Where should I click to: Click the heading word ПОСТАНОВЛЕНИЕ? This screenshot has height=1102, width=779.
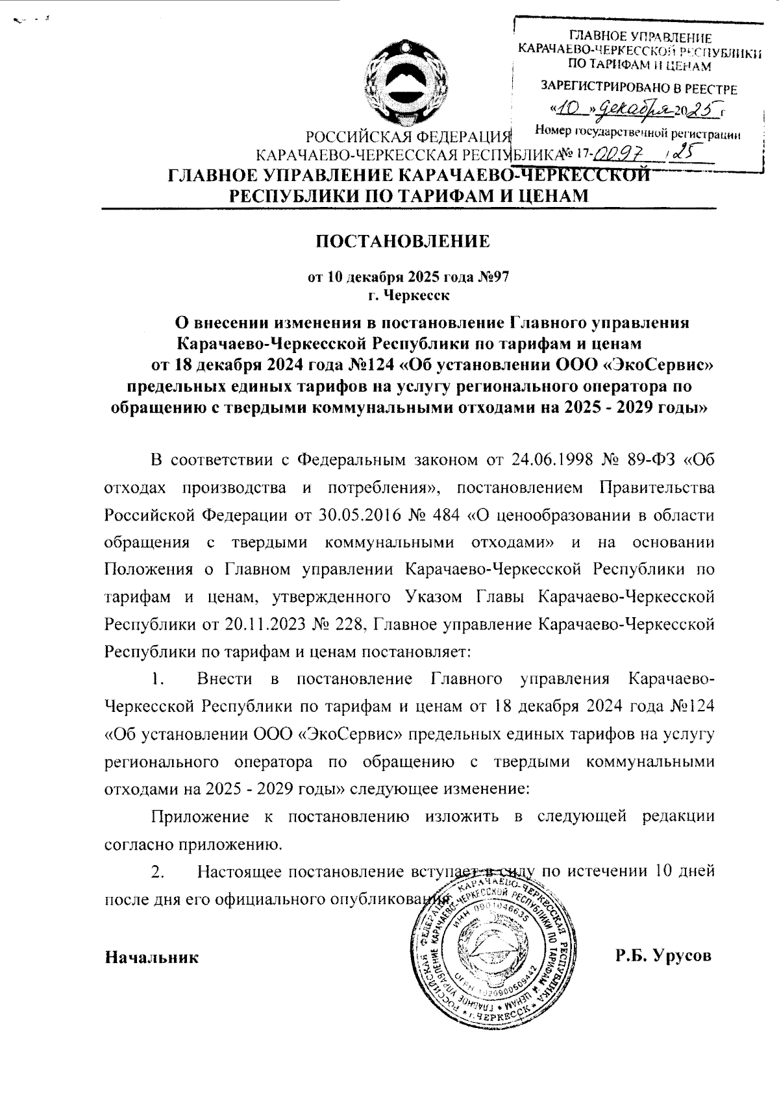point(402,242)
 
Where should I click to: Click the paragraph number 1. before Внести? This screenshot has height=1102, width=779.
point(156,680)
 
